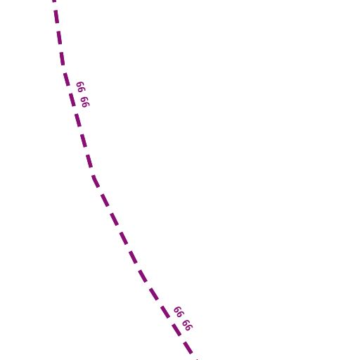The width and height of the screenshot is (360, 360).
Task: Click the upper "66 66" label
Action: [83, 94]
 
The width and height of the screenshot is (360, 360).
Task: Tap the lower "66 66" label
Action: [183, 319]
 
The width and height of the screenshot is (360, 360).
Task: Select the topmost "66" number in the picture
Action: [81, 87]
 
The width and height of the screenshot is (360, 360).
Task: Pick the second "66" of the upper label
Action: [85, 102]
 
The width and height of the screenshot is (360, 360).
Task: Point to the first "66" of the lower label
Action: [179, 311]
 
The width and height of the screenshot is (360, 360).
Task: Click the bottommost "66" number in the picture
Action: [188, 326]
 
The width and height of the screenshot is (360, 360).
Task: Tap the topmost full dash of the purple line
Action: [56, 17]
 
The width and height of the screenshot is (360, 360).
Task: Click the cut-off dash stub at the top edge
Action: [54, 1]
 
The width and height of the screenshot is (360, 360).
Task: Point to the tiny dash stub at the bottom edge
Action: [197, 359]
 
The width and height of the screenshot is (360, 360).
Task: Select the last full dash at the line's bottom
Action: [188, 348]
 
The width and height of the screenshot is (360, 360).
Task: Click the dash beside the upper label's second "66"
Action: [72, 100]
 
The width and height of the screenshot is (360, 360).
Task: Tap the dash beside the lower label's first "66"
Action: [165, 312]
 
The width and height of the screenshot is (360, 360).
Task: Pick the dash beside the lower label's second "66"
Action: [176, 330]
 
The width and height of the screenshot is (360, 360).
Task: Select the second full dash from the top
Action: [59, 37]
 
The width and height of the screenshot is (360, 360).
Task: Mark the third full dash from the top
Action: [62, 58]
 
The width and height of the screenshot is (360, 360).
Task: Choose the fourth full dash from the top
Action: [67, 79]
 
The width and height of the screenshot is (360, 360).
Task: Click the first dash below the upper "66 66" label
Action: [78, 120]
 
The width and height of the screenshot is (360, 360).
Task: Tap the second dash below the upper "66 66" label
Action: [84, 141]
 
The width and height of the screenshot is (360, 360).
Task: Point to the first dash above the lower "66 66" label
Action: [154, 294]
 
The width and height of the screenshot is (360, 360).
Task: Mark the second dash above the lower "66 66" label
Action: [143, 276]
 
